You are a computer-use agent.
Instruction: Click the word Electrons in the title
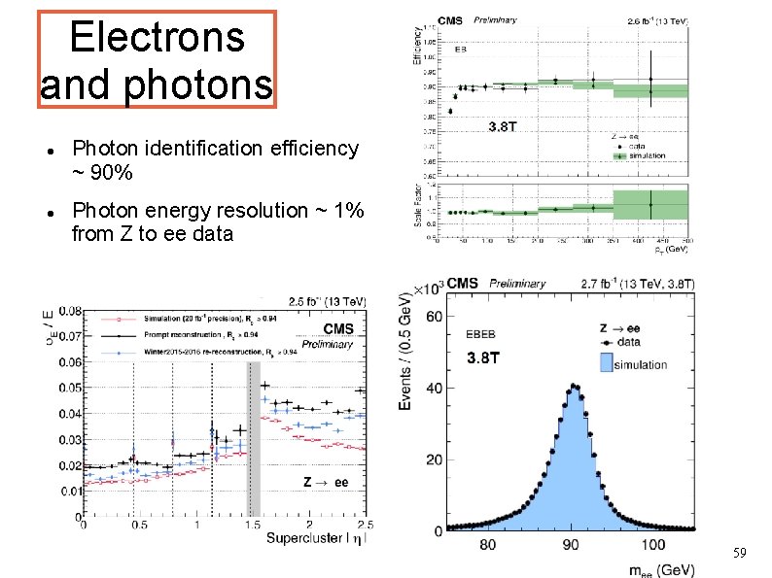point(157,38)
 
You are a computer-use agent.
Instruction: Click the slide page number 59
point(741,553)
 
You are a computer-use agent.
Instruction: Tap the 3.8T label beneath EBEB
point(484,357)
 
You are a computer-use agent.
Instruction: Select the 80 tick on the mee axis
point(487,545)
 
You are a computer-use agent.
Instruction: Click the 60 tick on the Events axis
point(433,317)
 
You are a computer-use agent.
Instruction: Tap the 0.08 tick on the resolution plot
point(69,312)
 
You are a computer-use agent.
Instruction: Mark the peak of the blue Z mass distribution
point(575,387)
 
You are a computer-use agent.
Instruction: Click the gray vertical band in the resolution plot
point(254,437)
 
